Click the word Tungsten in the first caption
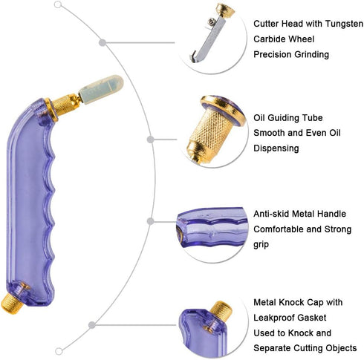pos(344,24)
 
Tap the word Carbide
pos(268,39)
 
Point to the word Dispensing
pos(276,148)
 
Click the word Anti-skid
pos(271,214)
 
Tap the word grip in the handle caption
pos(261,245)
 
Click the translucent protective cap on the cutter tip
pos(101,89)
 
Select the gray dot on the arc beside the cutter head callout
pos(103,42)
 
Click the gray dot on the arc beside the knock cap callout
pos(92,325)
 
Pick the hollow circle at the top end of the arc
pos(58,4)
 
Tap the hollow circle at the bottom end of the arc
pos(59,351)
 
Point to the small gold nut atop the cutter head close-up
pos(225,10)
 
